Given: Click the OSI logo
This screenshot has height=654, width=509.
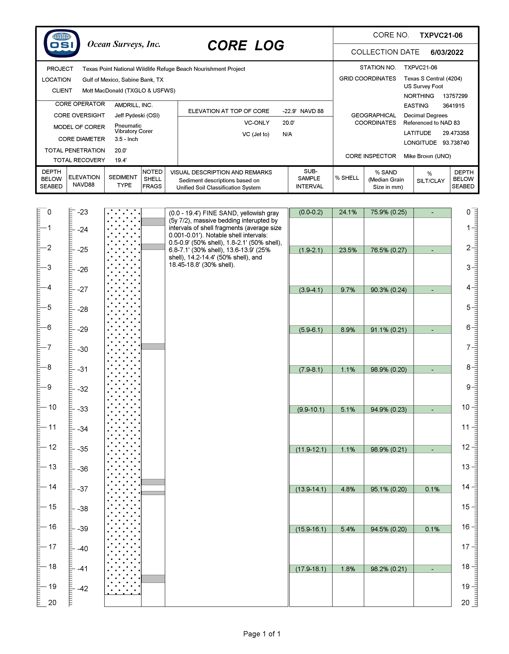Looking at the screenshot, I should pos(62,43).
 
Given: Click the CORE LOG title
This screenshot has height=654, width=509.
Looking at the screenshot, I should pos(246,46).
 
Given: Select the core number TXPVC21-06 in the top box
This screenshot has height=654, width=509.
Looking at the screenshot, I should pos(441,35).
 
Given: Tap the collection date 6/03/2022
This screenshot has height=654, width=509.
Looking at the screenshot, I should pos(447,52).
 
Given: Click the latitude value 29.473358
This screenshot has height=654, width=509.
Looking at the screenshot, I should pos(456,133).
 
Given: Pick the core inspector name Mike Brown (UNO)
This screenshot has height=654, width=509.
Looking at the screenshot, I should pos(427,156).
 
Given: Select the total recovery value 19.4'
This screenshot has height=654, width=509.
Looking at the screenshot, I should pos(121,160).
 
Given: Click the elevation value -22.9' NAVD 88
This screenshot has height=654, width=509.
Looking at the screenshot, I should pos(303,111).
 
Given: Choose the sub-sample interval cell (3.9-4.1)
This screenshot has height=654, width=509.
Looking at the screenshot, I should pos(311,290).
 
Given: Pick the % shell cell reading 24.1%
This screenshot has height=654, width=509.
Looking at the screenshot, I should pos(348,212).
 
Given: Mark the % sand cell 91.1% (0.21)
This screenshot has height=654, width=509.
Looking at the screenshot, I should pos(388,330).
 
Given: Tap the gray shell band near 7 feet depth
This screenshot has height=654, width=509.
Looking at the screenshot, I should pos(153,346).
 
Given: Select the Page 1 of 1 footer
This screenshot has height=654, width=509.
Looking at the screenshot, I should pos(262,634).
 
